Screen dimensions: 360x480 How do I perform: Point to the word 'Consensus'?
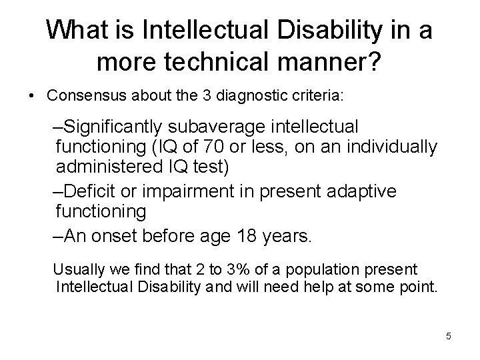[81, 96]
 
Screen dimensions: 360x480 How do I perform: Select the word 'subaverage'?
[231, 126]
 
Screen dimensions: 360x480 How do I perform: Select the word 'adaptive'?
[359, 192]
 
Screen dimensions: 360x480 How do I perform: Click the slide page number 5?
[448, 336]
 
